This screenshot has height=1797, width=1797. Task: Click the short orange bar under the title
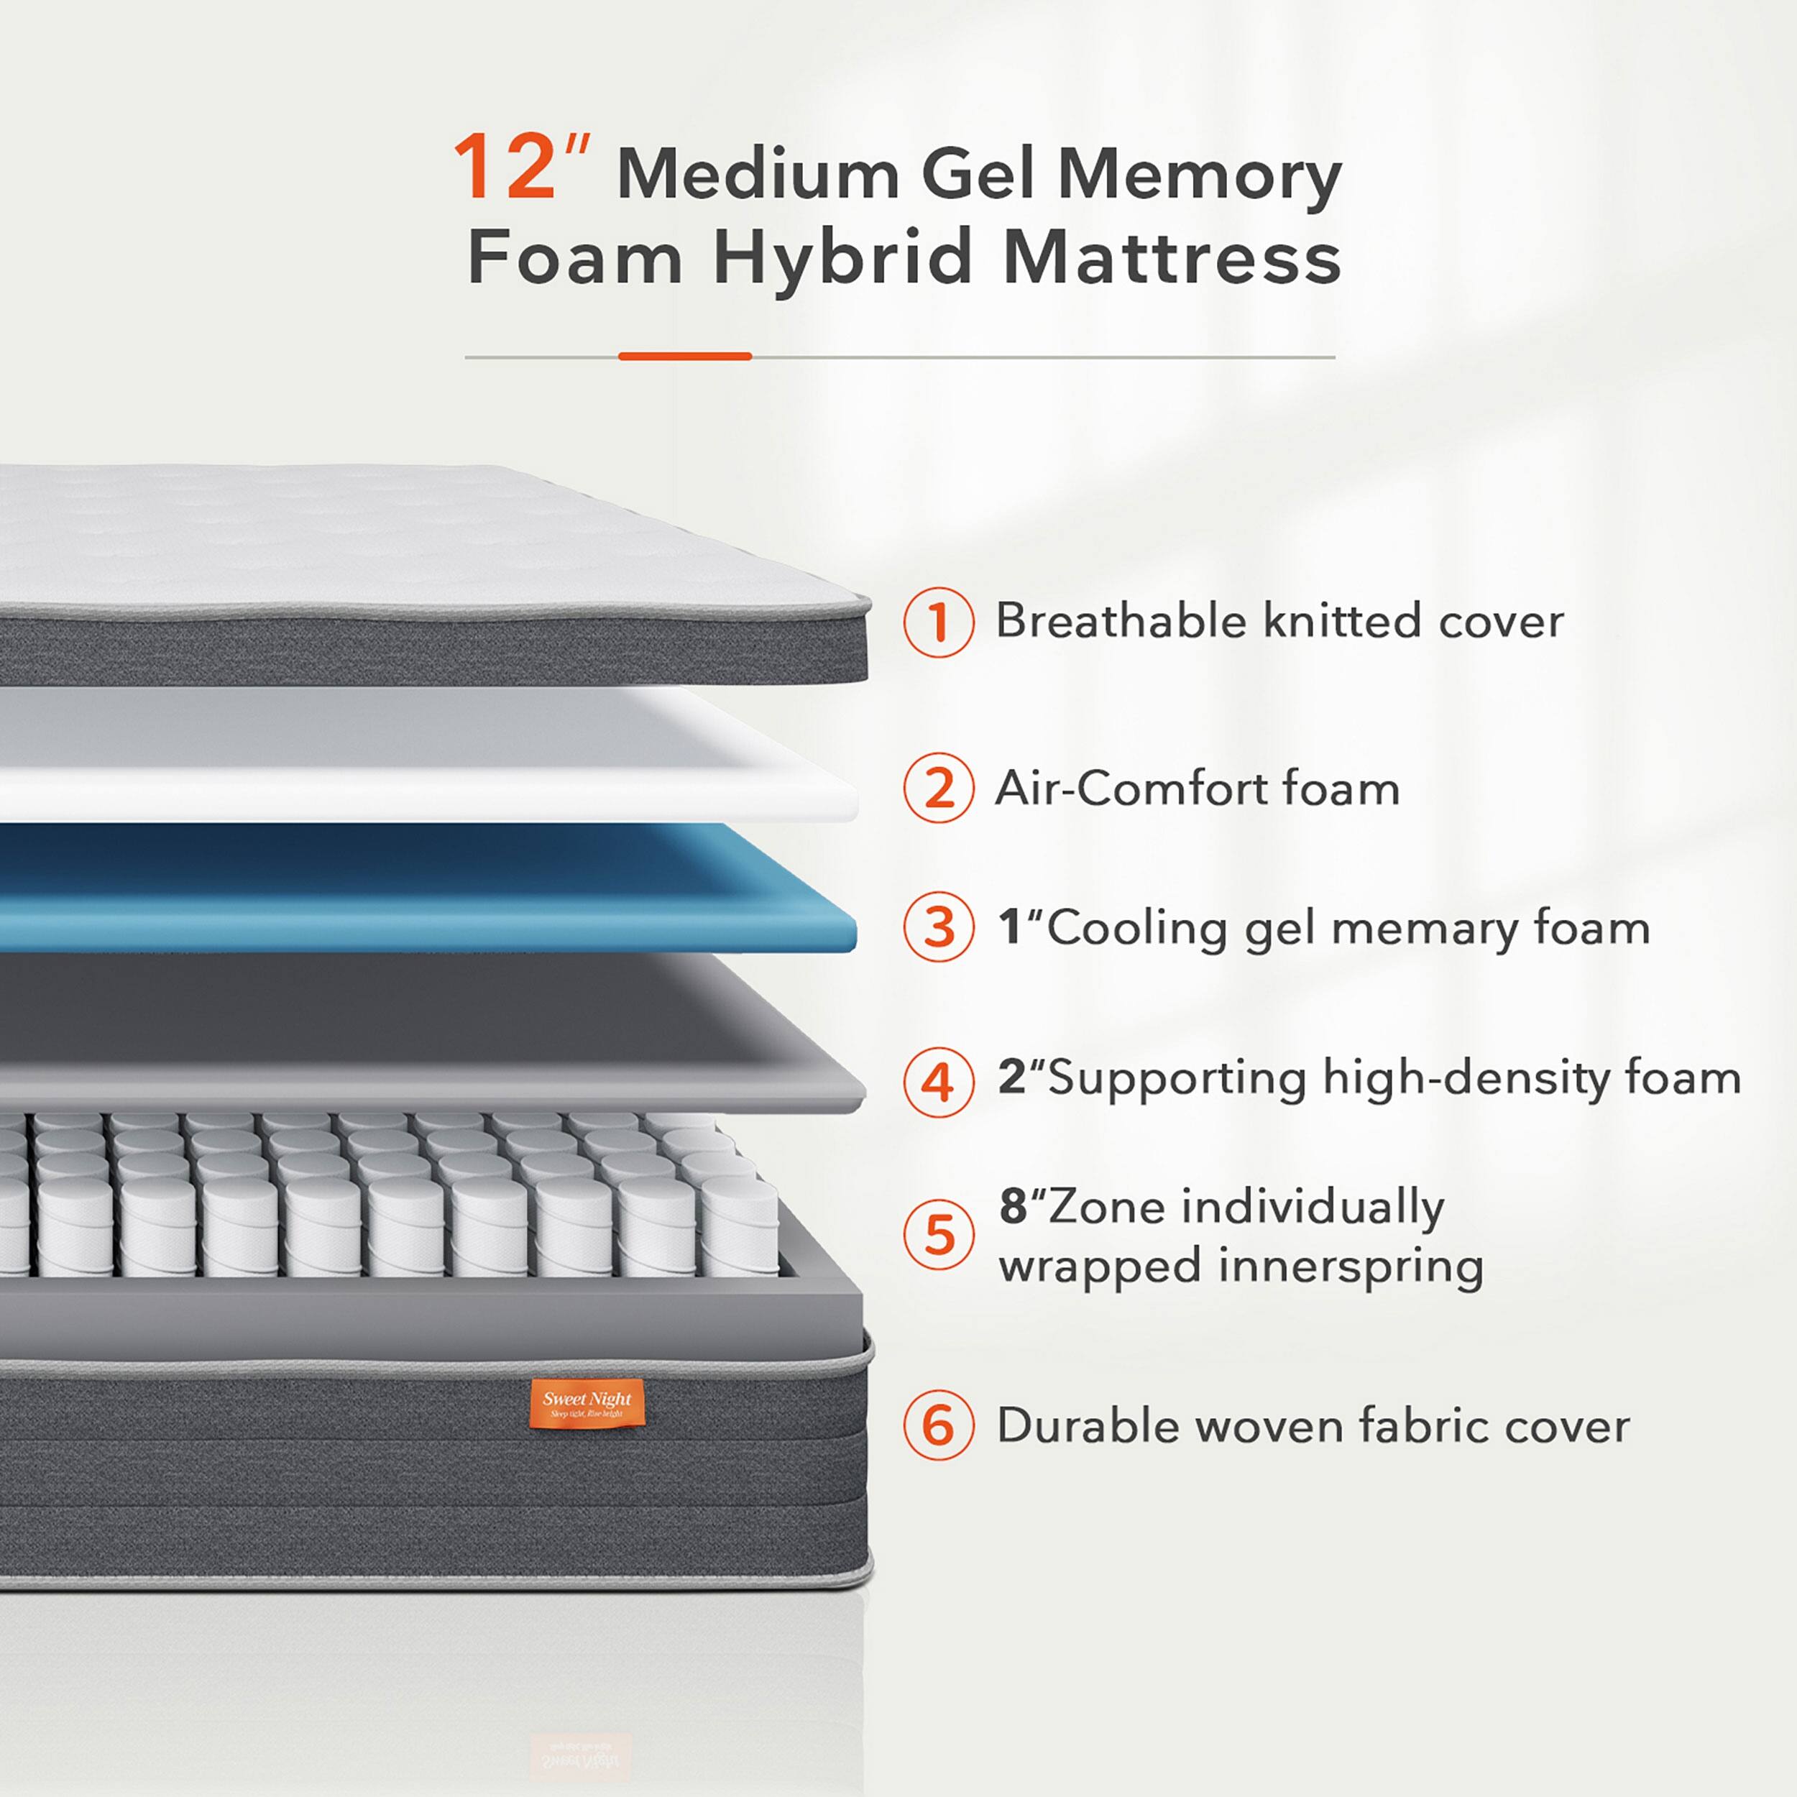tap(684, 357)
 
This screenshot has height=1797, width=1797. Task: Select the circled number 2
tap(939, 789)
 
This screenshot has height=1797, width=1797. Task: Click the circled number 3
tap(939, 927)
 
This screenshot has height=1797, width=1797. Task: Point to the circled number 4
tap(939, 1082)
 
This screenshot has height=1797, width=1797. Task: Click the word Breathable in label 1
tap(1120, 620)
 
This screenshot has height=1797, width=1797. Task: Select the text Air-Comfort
tap(1129, 789)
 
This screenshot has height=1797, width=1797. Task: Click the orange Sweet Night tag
tap(586, 1404)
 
